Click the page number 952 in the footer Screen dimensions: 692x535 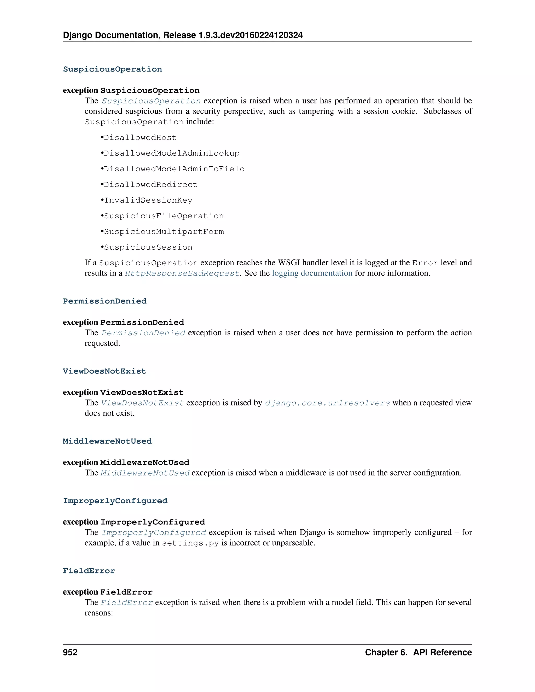click(x=70, y=652)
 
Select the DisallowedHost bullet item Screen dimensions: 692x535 click(x=140, y=138)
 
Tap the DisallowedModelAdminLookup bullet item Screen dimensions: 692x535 click(x=171, y=153)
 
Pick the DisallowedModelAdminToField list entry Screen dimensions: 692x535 click(x=174, y=169)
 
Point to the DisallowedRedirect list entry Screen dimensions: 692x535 click(x=150, y=185)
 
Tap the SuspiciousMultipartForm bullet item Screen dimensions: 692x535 click(x=164, y=232)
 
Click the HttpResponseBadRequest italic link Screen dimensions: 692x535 click(x=182, y=273)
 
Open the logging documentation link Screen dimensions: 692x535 click(x=312, y=273)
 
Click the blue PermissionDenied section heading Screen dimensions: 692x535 click(x=104, y=301)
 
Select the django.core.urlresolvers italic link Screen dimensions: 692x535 click(x=327, y=403)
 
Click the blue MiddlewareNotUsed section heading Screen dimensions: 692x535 click(x=107, y=441)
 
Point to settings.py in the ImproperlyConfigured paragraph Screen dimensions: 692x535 click(x=190, y=543)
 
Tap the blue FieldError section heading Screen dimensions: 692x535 click(x=89, y=571)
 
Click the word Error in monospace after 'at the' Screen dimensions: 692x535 click(x=425, y=263)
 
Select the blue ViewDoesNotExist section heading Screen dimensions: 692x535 click(x=104, y=371)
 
